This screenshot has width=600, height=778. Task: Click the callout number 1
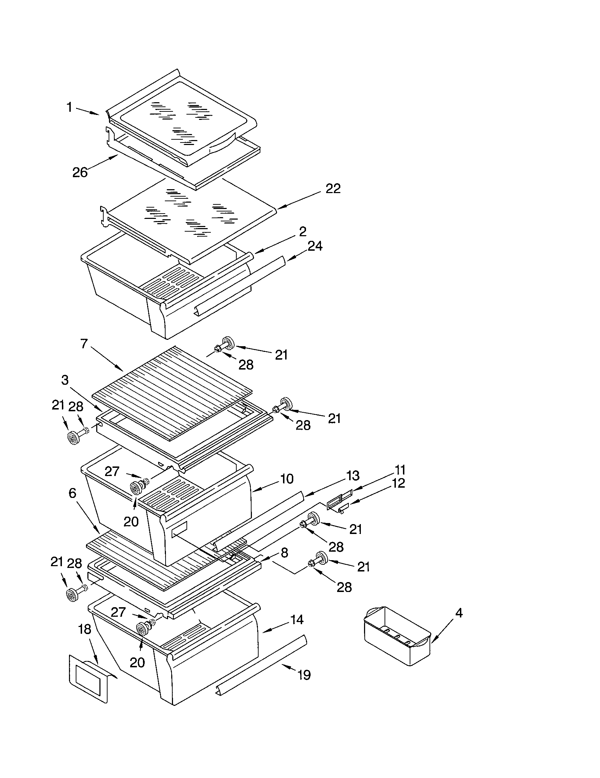[69, 107]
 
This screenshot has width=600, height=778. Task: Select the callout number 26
[80, 173]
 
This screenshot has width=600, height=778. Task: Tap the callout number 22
[333, 189]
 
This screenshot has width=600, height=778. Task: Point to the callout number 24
[315, 246]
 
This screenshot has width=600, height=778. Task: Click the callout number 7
[84, 344]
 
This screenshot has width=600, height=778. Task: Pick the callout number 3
[65, 380]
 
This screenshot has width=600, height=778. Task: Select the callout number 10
[287, 479]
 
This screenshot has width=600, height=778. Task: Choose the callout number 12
[398, 483]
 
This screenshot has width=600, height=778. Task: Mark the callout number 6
[72, 493]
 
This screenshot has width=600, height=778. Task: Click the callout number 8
[284, 553]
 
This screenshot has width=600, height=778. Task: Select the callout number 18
[85, 629]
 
